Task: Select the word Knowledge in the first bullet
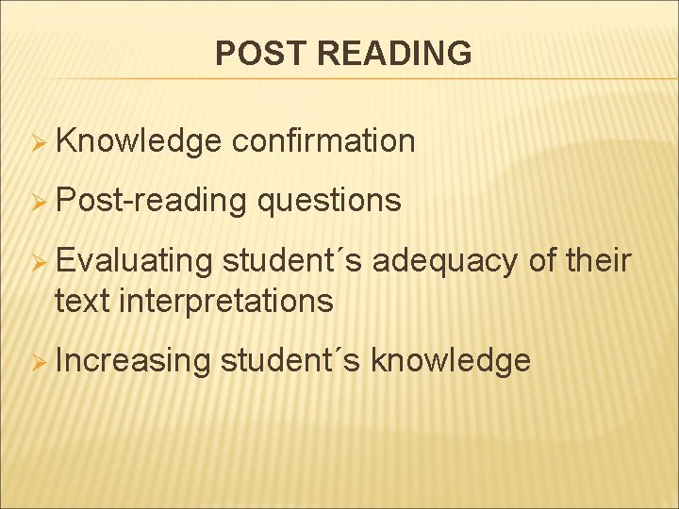[x=139, y=141]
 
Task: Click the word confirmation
[x=323, y=141]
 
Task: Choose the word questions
[x=328, y=201]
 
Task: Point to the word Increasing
[x=133, y=360]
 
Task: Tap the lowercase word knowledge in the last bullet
[x=451, y=360]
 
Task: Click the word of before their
[x=541, y=261]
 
